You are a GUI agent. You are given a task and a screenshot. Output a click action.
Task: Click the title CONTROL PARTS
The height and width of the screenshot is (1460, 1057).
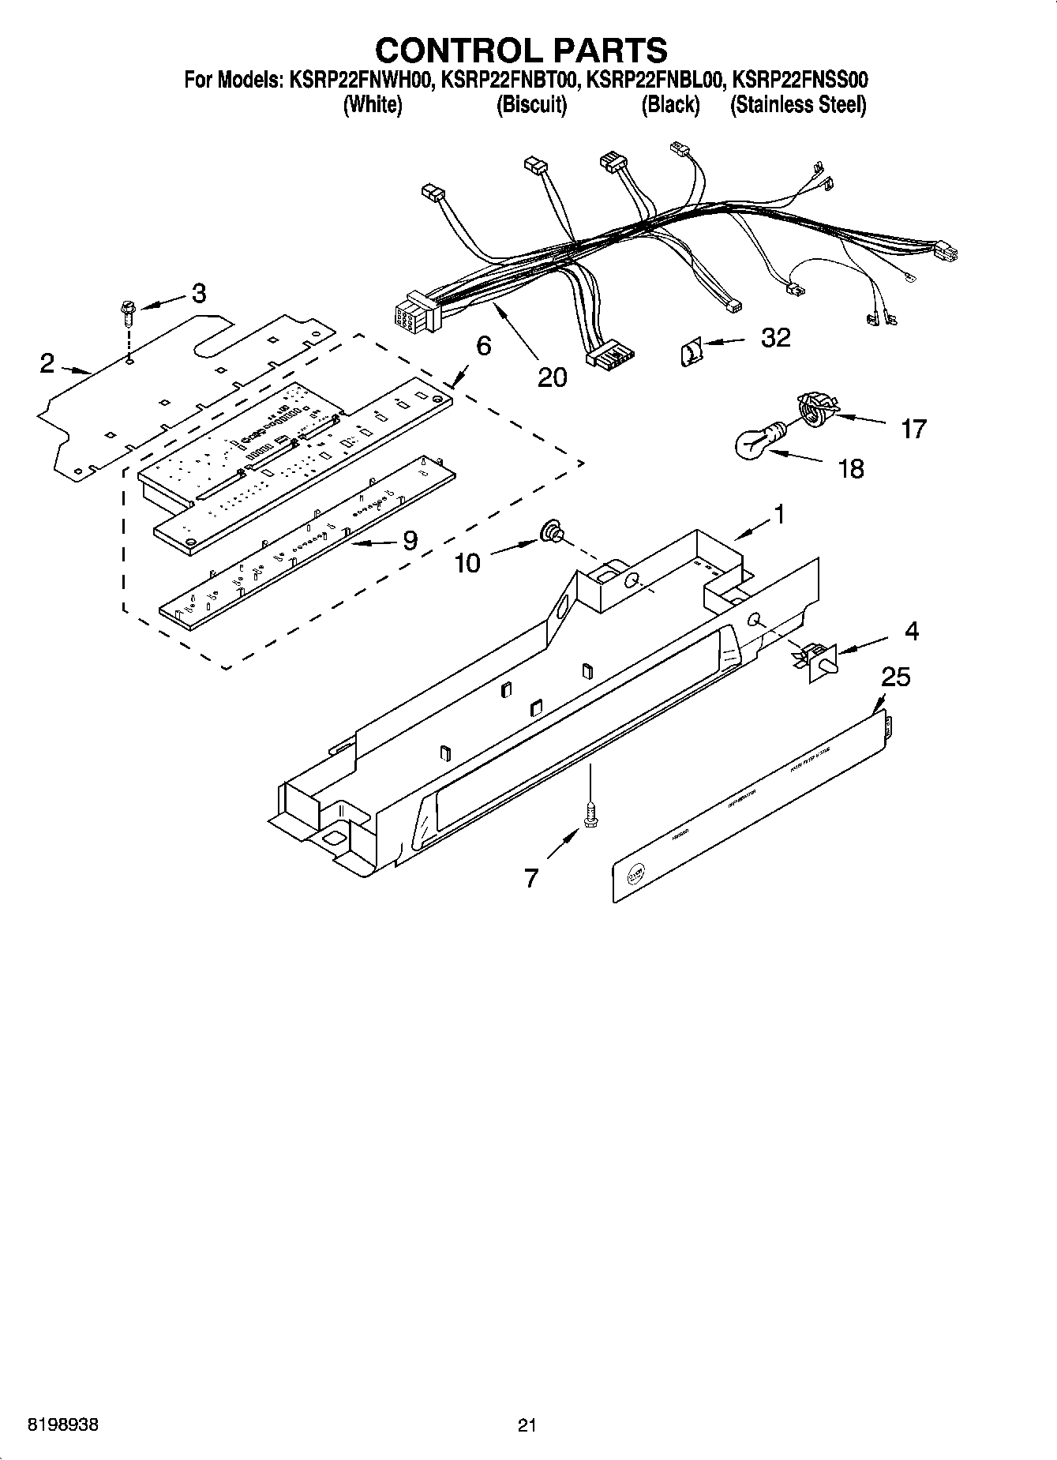521,50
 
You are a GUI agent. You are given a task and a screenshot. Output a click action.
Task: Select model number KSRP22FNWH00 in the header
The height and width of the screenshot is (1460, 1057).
358,80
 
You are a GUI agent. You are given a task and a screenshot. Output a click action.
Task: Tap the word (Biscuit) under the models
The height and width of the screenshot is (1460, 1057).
531,105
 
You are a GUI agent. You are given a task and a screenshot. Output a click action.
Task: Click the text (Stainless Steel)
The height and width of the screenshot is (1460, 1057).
798,105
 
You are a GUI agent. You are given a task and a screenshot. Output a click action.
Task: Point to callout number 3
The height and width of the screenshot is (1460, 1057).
199,294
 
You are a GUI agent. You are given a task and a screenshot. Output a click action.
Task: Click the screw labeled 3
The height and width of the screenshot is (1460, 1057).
127,313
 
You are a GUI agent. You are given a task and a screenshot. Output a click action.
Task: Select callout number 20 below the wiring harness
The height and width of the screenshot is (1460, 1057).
552,377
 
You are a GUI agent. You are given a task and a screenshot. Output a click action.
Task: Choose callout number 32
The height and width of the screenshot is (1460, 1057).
775,338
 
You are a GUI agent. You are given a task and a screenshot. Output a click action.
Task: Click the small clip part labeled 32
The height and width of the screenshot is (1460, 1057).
691,351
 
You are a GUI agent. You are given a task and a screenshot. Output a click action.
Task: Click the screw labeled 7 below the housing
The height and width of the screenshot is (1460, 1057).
588,813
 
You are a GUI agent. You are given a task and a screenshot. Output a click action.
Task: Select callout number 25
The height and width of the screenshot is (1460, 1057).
895,677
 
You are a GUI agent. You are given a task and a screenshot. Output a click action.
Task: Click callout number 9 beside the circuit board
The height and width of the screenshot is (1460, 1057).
410,540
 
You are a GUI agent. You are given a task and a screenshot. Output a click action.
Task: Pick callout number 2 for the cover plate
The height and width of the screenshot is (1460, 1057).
47,362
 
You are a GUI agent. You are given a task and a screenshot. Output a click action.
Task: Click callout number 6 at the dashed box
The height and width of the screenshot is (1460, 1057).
483,345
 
